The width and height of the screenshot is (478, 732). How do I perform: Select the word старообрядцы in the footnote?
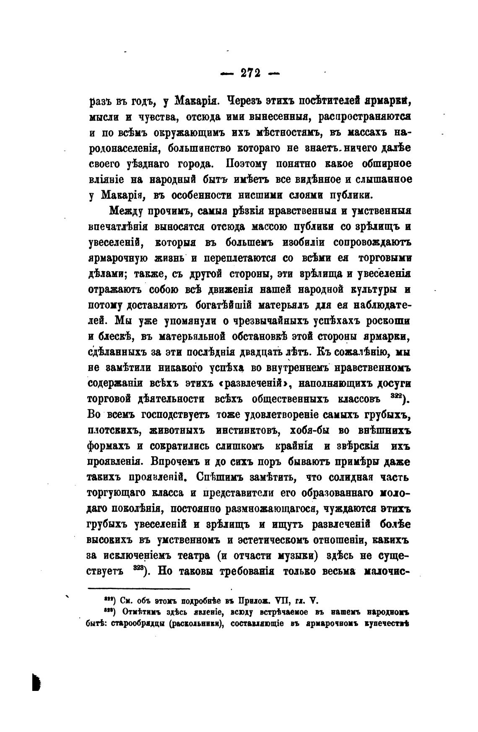click(135, 623)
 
